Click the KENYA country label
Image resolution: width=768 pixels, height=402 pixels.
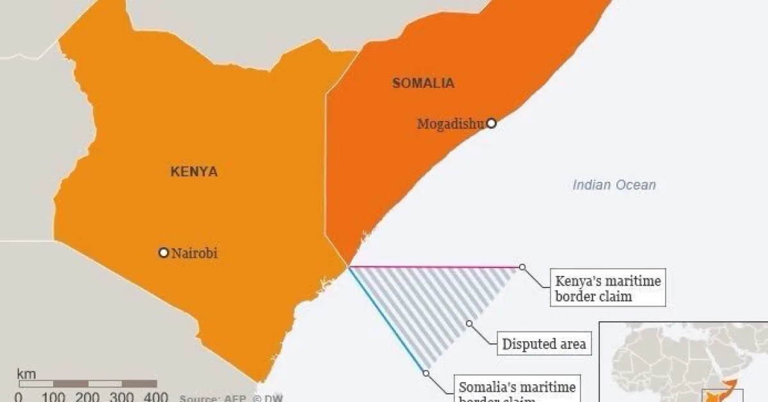pos(194,172)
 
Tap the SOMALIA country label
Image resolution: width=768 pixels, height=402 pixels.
pos(423,83)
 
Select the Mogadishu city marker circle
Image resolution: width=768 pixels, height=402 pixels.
pos(491,124)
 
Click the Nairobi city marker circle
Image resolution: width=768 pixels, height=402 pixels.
pos(163,253)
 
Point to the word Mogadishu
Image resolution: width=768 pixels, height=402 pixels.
pos(451,124)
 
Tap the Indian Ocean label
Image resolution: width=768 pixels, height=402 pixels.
pos(614,185)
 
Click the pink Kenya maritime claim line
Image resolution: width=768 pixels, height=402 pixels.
pos(435,266)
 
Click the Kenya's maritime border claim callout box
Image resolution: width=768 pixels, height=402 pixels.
pos(607,288)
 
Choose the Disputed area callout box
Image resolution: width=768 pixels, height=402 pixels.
pos(543,344)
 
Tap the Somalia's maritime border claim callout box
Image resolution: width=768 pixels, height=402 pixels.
pos(517,389)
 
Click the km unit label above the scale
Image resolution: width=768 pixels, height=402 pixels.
pos(26,374)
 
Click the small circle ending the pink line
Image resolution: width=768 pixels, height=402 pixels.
pos(522,267)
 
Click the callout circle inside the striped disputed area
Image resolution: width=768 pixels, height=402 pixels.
pos(469,324)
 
